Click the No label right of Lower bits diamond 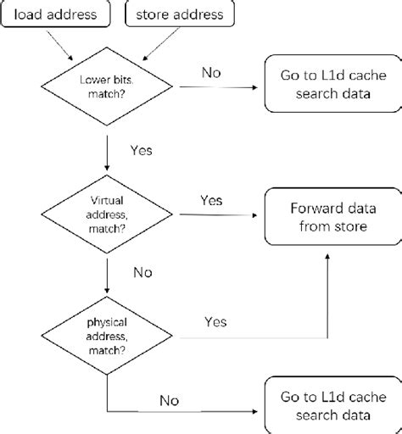212,73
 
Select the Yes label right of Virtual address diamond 211,200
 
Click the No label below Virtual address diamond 142,272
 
